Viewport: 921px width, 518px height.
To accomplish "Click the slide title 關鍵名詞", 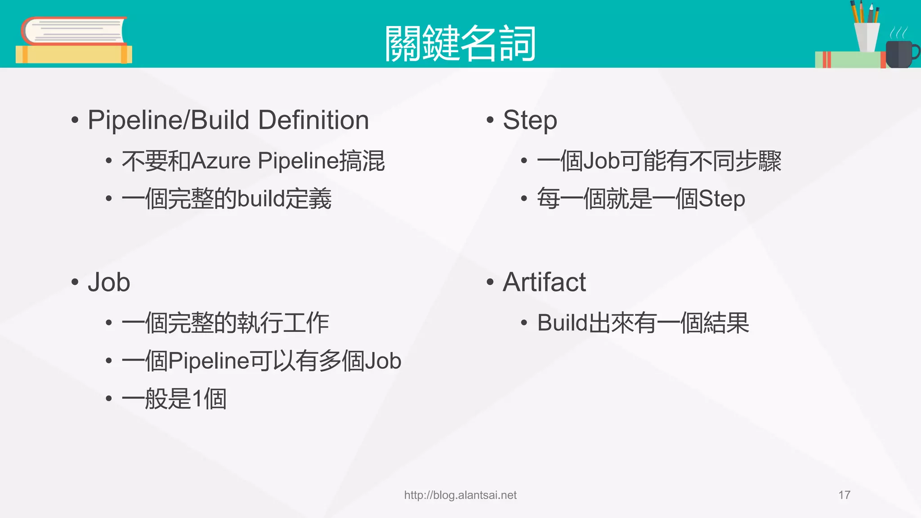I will [460, 43].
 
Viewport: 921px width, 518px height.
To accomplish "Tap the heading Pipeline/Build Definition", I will [228, 120].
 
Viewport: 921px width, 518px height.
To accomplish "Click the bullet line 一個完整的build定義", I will [226, 199].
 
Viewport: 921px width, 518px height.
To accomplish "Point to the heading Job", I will [109, 282].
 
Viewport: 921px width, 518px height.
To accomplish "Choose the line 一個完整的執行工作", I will [225, 323].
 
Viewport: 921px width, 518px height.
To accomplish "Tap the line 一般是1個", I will [174, 399].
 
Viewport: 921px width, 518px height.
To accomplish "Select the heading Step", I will [530, 120].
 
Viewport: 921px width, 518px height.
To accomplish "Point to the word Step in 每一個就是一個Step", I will [721, 199].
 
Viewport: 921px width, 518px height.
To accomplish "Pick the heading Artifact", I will [544, 282].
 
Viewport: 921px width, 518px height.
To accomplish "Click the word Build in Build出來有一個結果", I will [563, 323].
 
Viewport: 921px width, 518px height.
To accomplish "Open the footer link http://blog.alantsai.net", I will [460, 495].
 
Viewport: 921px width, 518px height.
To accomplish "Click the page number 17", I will [844, 495].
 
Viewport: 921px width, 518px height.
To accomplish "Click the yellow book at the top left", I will [74, 54].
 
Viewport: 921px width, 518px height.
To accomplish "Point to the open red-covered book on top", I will [74, 31].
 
